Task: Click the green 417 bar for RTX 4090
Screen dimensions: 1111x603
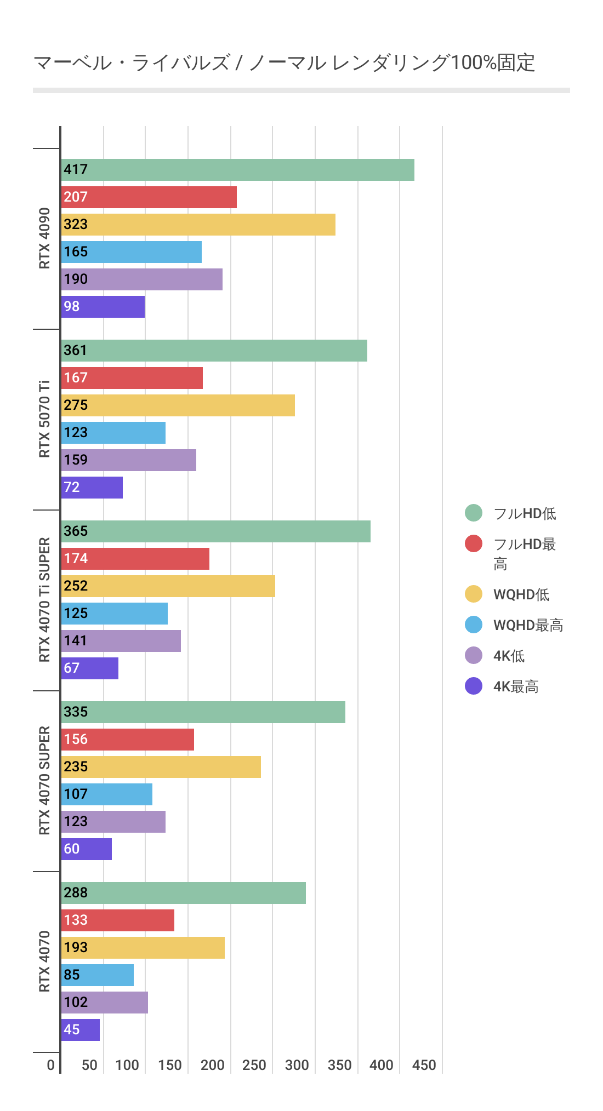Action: click(238, 170)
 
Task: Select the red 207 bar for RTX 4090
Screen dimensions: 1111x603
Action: click(149, 197)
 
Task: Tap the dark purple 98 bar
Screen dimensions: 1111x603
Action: click(103, 307)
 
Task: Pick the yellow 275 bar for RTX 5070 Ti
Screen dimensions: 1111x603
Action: click(178, 405)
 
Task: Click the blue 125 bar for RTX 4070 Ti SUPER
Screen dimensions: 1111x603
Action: click(115, 614)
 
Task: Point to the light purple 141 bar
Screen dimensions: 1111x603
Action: click(121, 641)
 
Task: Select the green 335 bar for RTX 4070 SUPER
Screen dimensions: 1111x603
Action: click(203, 712)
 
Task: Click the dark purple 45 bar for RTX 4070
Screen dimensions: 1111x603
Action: click(81, 1030)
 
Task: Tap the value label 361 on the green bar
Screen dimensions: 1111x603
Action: click(75, 351)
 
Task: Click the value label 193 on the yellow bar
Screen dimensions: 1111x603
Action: click(75, 948)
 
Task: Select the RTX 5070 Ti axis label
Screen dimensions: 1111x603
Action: click(44, 419)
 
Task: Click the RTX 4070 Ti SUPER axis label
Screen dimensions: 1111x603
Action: click(44, 600)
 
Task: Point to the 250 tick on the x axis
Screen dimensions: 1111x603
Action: click(254, 1065)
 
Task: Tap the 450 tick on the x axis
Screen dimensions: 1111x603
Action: click(424, 1065)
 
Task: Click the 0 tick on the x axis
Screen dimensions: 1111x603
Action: click(51, 1065)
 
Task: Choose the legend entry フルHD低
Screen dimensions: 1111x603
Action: click(525, 513)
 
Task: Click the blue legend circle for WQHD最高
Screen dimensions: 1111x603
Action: click(474, 625)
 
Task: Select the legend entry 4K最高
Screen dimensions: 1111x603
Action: click(516, 686)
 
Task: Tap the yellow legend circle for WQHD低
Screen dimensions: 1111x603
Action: click(474, 594)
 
